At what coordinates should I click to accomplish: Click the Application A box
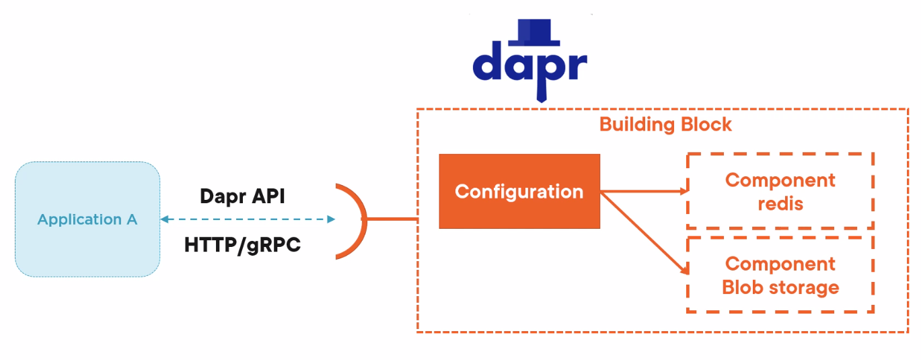coord(87,219)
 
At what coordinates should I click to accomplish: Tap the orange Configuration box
coord(519,192)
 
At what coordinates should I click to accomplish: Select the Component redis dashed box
coord(780,191)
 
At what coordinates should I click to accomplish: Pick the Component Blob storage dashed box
coord(780,275)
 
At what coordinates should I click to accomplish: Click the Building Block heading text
coord(665,124)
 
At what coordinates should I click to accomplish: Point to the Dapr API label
coord(242,196)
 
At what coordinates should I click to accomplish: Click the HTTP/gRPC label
coord(242,246)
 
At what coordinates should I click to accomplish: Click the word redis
coord(780,203)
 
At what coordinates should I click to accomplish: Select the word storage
coord(807,288)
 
